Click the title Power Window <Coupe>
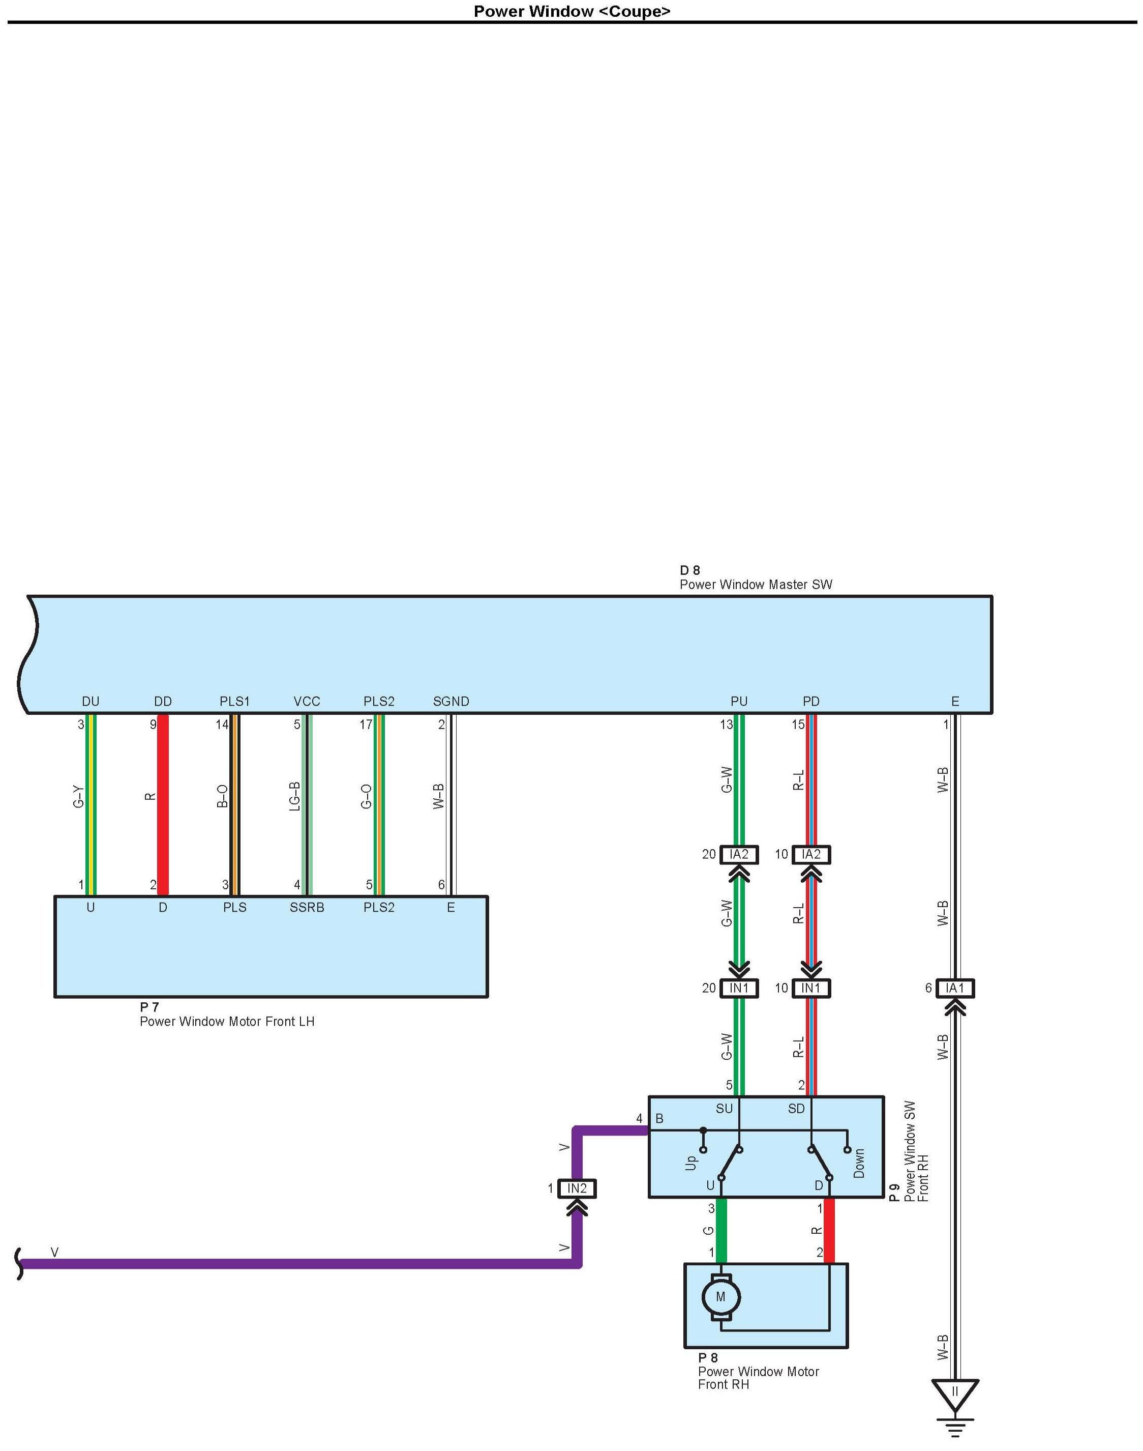[571, 11]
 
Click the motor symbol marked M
[721, 1297]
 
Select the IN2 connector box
[577, 1188]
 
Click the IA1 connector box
[955, 989]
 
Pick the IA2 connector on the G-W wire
[739, 854]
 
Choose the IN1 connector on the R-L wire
[811, 989]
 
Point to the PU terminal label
[739, 702]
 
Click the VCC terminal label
[307, 702]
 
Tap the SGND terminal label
[451, 702]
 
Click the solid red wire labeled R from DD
[163, 803]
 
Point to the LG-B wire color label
[294, 796]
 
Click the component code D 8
[690, 570]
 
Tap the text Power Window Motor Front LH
[227, 1022]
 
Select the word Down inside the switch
[859, 1164]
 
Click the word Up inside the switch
[691, 1163]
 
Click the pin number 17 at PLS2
[366, 724]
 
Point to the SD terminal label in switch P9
[796, 1109]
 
